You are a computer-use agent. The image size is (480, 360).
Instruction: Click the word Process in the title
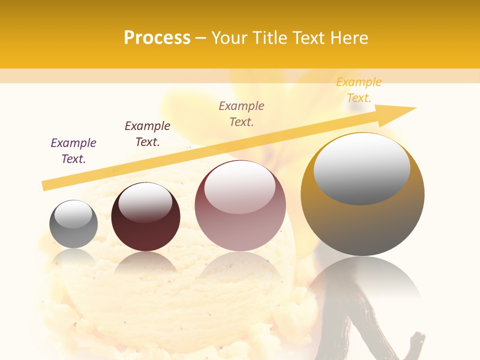(x=157, y=38)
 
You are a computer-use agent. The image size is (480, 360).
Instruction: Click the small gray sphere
(x=73, y=232)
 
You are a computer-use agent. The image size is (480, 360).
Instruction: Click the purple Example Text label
(x=73, y=150)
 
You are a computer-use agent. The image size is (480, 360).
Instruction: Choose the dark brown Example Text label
(x=147, y=133)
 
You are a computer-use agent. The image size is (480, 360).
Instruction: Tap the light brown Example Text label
(x=241, y=113)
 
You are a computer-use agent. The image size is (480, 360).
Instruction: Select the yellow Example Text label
(x=358, y=89)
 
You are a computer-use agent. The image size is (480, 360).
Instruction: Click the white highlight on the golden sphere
(x=361, y=168)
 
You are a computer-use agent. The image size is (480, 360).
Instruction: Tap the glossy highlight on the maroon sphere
(x=145, y=202)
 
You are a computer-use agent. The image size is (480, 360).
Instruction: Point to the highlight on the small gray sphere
(x=73, y=214)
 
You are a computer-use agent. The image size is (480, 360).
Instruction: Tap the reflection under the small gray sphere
(x=73, y=257)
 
